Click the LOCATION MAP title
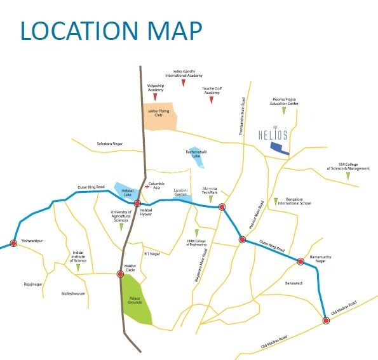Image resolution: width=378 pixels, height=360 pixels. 111,30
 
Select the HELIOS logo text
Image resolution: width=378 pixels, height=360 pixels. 274,135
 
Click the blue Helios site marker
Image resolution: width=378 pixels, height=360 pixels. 279,149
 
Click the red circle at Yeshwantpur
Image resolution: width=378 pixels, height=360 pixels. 13,243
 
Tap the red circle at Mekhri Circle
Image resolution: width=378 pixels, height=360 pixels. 120,274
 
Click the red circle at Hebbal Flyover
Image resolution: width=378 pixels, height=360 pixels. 137,203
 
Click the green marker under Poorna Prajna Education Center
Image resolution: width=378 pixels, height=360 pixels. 284,111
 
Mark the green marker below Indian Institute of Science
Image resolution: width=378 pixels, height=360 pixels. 78,268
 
